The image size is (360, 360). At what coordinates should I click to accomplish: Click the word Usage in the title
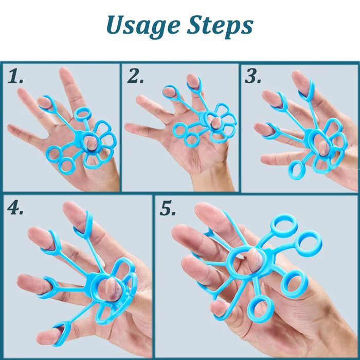143,26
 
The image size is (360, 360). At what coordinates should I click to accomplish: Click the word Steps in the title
221,26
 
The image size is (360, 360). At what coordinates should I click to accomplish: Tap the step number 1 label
15,76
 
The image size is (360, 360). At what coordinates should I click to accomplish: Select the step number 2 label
135,76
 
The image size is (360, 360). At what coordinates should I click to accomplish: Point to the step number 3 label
253,76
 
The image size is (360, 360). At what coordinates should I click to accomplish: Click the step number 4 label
15,208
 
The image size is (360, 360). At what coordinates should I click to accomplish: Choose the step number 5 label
168,208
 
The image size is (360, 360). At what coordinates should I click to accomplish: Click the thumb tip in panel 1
92,143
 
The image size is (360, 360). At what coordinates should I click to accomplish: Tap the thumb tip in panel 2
215,122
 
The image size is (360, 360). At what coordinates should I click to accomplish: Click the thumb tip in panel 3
323,148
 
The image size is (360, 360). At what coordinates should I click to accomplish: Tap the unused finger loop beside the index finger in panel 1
83,114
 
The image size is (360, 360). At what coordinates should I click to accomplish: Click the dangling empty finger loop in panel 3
296,170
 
